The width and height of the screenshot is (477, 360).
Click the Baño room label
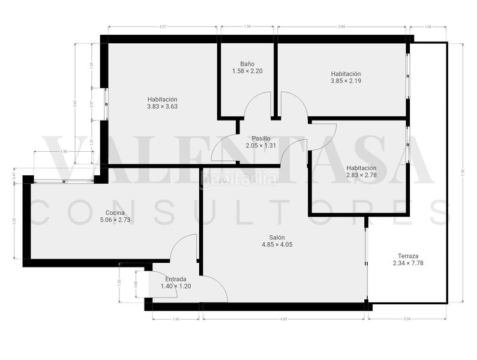pos(247,64)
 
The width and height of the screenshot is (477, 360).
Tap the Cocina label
pos(115,212)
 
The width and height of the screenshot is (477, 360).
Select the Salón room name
pos(277,237)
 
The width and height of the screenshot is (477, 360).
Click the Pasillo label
pos(260,138)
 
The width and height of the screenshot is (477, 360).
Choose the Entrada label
pos(175,279)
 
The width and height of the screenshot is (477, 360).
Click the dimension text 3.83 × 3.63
pos(162,107)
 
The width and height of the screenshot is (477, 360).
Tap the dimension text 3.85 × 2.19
pos(345,80)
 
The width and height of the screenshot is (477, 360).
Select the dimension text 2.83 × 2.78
pos(361,175)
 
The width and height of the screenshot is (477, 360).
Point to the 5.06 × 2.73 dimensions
pos(115,220)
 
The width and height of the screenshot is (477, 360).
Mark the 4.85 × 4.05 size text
pos(277,244)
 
